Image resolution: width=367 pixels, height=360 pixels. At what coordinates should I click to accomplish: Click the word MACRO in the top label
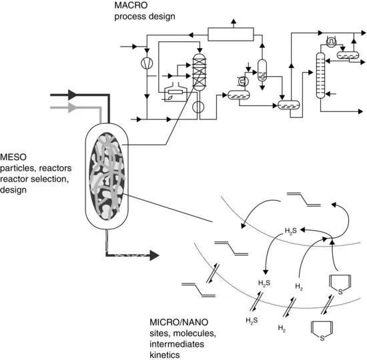(x=131, y=5)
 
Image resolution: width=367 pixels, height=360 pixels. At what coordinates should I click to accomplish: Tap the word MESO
(x=13, y=157)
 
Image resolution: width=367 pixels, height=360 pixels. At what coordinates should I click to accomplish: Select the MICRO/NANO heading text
(x=179, y=322)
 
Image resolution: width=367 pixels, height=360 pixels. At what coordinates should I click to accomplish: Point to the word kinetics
(x=165, y=355)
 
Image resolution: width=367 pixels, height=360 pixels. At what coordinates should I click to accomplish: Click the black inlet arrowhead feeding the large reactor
(x=73, y=95)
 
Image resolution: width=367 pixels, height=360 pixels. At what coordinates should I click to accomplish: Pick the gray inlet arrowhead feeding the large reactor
(x=73, y=107)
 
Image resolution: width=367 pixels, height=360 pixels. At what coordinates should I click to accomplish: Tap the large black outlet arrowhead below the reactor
(x=155, y=255)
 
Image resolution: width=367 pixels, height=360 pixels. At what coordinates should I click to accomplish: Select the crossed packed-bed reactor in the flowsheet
(x=200, y=72)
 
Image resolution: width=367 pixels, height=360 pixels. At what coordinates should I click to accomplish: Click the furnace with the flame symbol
(x=175, y=92)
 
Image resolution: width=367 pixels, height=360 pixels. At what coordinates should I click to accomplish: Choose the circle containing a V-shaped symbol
(x=147, y=63)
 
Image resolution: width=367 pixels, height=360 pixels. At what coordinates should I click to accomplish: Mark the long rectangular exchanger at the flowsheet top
(x=231, y=35)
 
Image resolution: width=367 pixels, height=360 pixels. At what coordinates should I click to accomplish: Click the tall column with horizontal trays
(x=320, y=75)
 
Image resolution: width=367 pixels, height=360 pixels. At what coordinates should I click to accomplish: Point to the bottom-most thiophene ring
(x=322, y=331)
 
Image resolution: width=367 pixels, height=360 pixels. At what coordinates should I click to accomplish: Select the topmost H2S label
(x=291, y=231)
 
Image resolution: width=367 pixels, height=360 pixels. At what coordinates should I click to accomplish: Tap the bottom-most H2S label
(x=252, y=321)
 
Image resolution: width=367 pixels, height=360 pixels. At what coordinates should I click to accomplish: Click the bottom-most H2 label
(x=282, y=328)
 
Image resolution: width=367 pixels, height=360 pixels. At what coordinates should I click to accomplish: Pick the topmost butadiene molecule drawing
(x=304, y=199)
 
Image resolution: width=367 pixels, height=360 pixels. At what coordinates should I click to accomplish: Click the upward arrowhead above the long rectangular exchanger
(x=234, y=21)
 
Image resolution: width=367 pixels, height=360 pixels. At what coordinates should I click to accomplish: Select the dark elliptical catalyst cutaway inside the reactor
(x=107, y=177)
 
